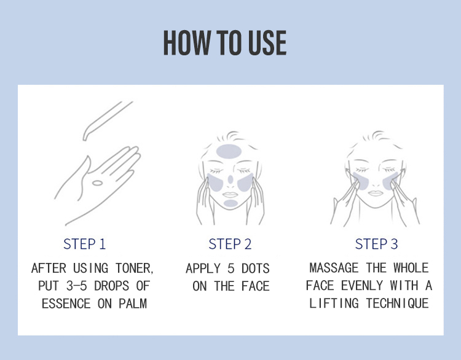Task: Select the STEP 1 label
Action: click(84, 245)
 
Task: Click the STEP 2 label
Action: click(230, 245)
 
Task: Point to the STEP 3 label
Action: click(376, 245)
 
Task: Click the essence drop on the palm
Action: click(97, 184)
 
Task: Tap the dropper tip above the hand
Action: click(85, 138)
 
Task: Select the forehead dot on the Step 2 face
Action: click(229, 152)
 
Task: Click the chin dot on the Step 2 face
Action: click(230, 203)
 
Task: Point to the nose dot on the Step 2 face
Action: click(230, 179)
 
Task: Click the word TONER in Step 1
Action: click(134, 268)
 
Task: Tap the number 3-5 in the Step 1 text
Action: click(77, 286)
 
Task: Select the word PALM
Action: click(133, 304)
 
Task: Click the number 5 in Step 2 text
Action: click(231, 268)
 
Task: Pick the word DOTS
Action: click(256, 268)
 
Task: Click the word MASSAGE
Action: click(334, 268)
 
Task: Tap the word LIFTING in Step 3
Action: click(334, 303)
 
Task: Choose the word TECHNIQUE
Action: click(398, 303)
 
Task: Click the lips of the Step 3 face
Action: click(376, 193)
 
